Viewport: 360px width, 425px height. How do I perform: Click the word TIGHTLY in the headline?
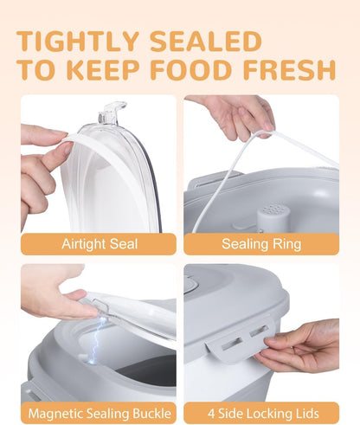(79, 41)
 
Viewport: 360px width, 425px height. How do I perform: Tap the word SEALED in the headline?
(206, 41)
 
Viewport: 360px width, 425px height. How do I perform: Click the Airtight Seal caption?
(100, 244)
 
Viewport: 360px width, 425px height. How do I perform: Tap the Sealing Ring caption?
(261, 244)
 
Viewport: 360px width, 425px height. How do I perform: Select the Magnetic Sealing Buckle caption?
(100, 414)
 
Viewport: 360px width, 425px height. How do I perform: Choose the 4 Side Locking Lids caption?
(263, 414)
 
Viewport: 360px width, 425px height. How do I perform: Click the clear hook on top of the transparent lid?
(112, 113)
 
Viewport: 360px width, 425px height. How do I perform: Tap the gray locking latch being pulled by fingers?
(241, 343)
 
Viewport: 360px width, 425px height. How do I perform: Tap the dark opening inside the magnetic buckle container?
(149, 370)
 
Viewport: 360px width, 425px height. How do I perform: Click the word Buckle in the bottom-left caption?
(151, 414)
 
